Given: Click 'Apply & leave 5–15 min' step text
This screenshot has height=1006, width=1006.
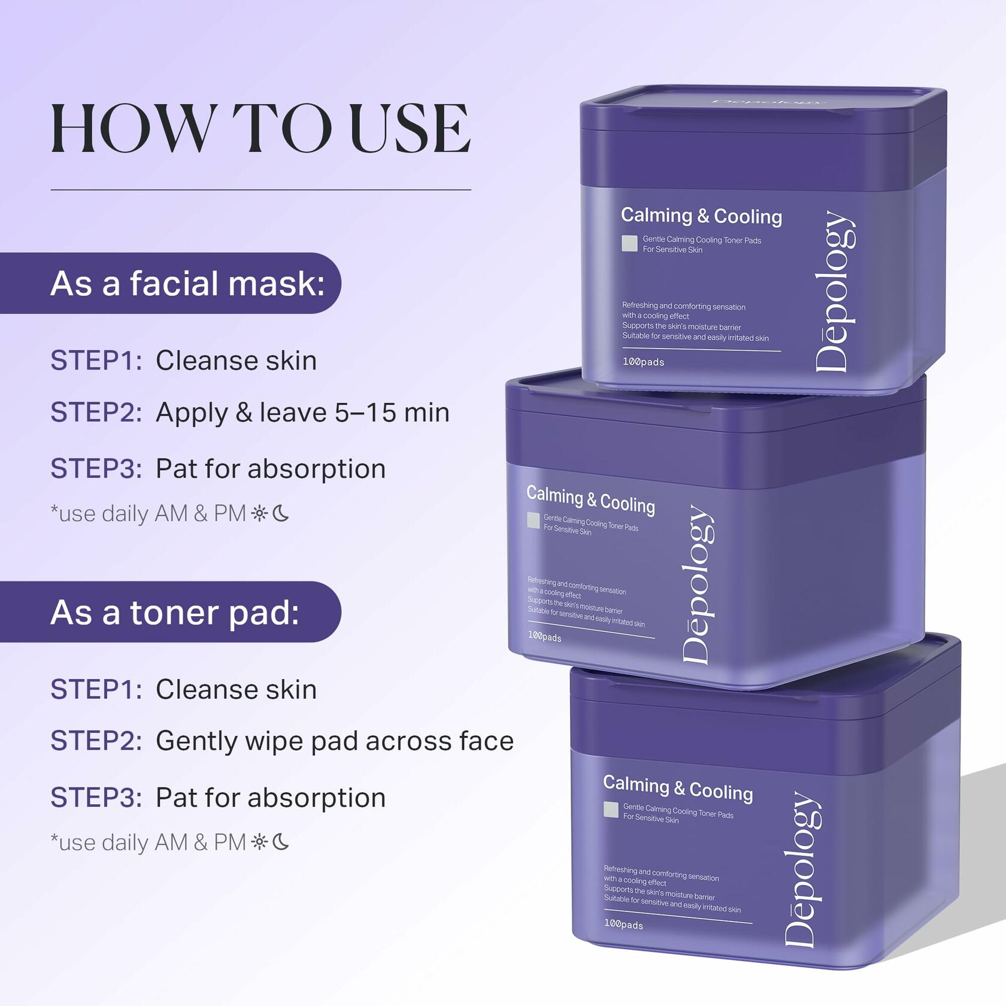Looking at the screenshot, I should coord(302,413).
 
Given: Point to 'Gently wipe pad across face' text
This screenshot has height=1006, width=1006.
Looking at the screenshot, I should coord(335,741).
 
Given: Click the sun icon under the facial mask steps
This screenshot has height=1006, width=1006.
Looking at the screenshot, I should coord(260,513).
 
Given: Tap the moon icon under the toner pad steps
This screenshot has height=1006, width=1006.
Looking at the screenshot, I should coord(281,842).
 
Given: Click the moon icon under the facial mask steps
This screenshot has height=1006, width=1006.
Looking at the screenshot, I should coord(281,513).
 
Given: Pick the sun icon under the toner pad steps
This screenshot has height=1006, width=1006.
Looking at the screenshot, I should coord(260,842).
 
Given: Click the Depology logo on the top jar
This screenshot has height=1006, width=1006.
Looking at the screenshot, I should coord(835,292).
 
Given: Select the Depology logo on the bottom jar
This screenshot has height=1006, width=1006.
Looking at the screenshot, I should coord(803,869).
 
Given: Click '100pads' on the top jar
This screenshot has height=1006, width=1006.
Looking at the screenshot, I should coord(643,362).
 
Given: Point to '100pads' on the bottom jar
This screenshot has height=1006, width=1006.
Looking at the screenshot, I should coord(623,924).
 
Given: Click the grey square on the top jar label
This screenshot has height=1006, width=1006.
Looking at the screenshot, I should coord(629,243).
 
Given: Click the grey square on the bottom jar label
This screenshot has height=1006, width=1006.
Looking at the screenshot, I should coord(611,810).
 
